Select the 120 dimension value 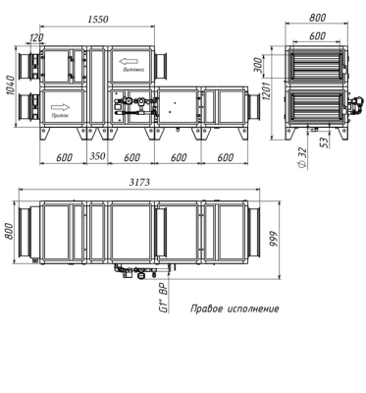37,38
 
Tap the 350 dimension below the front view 99,157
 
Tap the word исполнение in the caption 251,309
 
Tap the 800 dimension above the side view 316,17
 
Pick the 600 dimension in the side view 316,36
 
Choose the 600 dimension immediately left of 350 63,157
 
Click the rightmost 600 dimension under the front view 224,157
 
